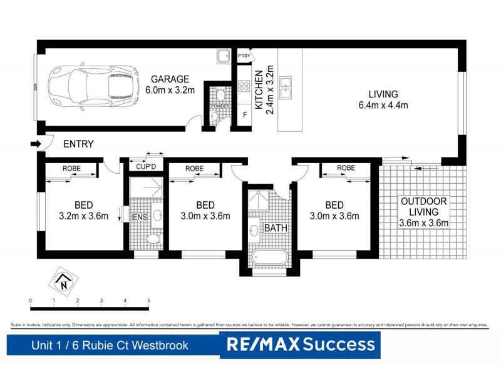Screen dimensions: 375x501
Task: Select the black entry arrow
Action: point(34,144)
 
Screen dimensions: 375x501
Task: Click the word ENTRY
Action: point(78,144)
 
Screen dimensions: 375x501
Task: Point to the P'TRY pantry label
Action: point(244,57)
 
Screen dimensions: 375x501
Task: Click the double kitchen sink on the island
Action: point(286,88)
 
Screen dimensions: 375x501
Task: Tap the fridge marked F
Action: point(244,116)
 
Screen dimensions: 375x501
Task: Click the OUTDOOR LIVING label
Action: point(425,211)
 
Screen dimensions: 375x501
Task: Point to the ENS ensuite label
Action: point(139,217)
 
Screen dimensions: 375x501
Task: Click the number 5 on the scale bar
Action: point(148,301)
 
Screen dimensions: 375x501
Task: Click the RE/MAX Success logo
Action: point(300,345)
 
